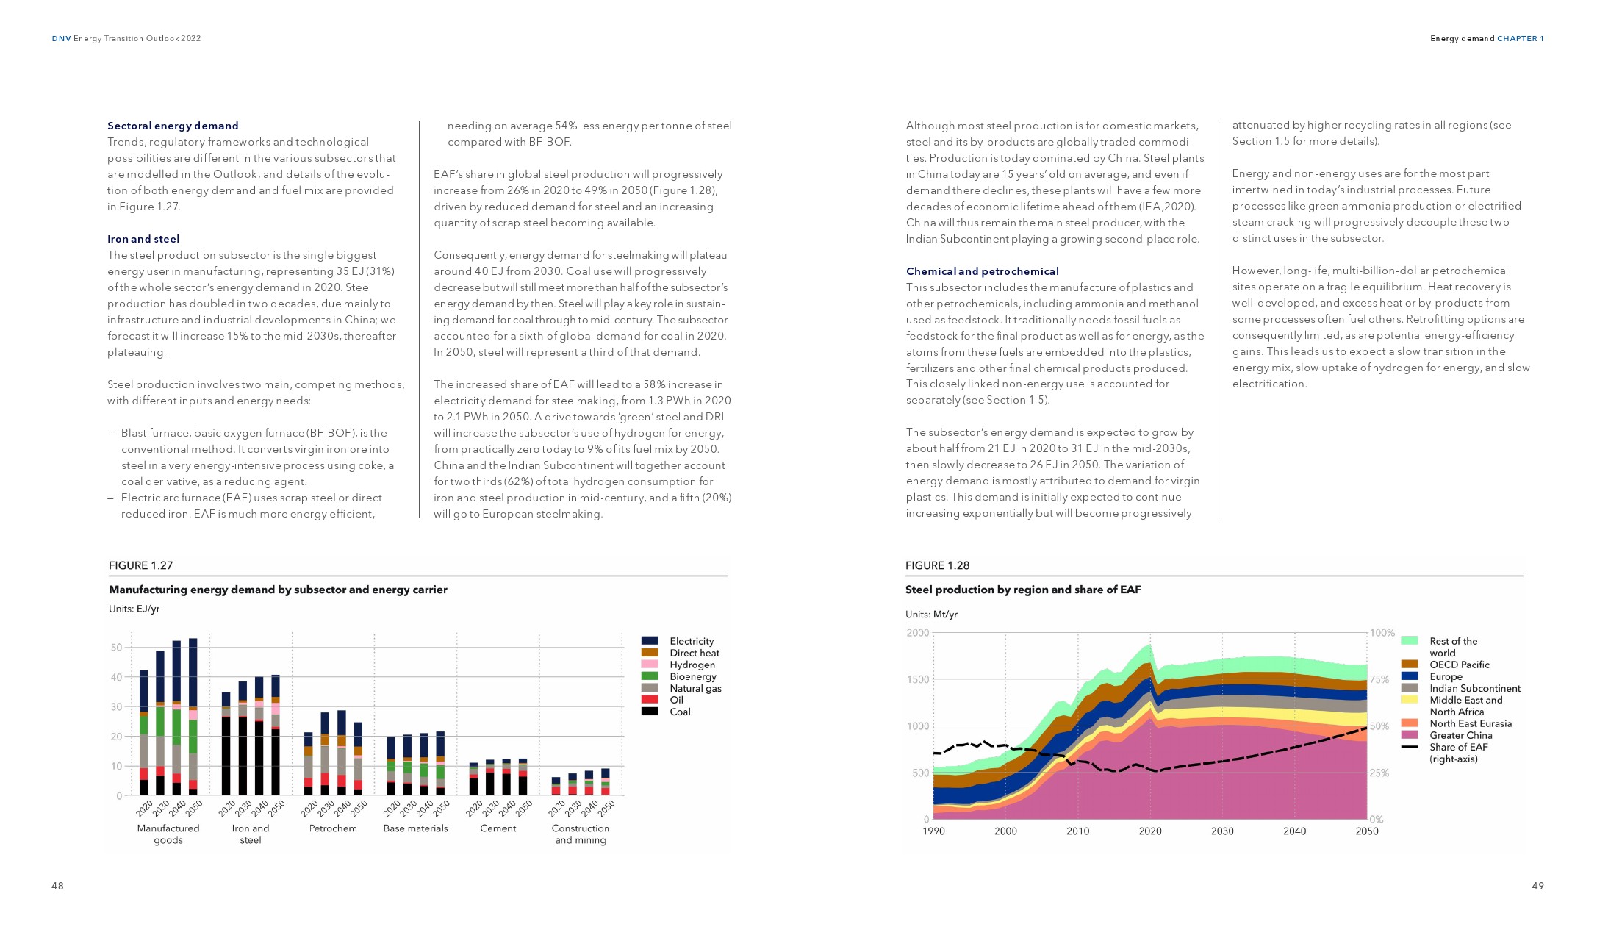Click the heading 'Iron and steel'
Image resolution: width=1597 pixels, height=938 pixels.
click(x=143, y=239)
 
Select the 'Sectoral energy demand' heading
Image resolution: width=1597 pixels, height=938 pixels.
click(x=173, y=126)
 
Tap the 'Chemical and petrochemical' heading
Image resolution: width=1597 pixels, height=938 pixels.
click(x=982, y=271)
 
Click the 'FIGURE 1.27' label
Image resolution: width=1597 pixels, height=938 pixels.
click(x=140, y=565)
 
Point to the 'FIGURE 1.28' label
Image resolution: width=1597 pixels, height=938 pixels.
click(x=937, y=565)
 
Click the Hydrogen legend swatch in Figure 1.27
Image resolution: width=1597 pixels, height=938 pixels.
click(x=650, y=665)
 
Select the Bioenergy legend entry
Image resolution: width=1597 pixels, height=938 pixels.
click(x=692, y=676)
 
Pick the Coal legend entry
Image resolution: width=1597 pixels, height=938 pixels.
click(x=680, y=712)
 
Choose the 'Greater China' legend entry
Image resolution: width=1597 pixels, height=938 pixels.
click(x=1460, y=735)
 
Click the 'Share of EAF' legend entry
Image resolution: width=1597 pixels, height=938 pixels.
click(x=1458, y=747)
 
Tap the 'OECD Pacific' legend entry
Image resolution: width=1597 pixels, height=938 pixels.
click(x=1459, y=665)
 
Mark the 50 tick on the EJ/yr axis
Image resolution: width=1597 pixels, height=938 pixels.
click(x=116, y=648)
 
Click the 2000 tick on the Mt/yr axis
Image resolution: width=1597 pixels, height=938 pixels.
click(x=918, y=633)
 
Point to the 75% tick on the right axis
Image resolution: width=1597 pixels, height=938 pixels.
click(x=1379, y=679)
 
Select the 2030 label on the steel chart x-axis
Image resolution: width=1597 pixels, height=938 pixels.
click(x=1222, y=831)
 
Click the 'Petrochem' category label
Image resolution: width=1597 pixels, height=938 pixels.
click(x=333, y=828)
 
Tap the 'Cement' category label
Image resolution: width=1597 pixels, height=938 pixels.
click(x=498, y=828)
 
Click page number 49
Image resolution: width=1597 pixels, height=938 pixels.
click(x=1537, y=886)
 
